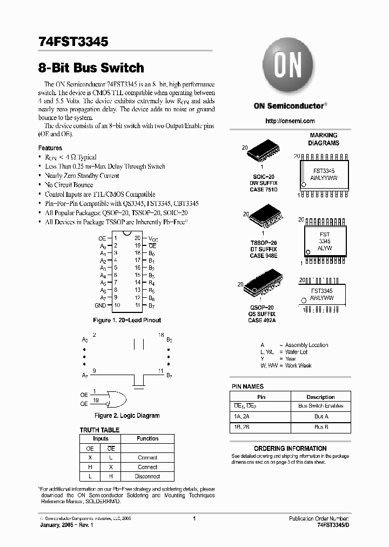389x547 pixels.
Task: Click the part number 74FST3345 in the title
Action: [74, 42]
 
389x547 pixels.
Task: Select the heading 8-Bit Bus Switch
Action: [91, 68]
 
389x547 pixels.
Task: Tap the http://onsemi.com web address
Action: [290, 121]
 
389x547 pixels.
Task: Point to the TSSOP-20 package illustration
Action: [264, 217]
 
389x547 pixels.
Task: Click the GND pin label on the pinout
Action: [100, 305]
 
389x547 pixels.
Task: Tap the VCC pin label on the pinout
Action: [154, 238]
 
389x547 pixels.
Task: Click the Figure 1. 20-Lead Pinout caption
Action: [127, 320]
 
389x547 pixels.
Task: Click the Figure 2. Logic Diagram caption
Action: [127, 416]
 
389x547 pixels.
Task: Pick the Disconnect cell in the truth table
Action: [147, 476]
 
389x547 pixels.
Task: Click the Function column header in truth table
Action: [147, 439]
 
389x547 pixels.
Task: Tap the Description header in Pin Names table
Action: [321, 397]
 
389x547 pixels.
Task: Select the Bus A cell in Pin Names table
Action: [321, 416]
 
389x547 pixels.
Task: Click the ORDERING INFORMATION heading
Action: [290, 448]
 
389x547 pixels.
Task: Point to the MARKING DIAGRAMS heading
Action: [324, 139]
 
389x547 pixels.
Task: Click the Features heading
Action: [50, 148]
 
